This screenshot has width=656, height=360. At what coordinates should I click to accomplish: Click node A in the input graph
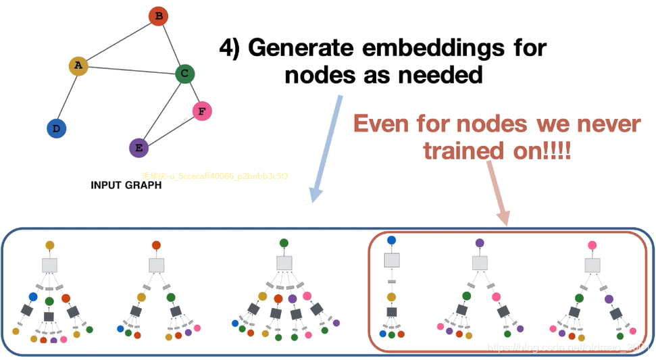[78, 66]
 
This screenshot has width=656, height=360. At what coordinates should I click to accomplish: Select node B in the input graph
[158, 16]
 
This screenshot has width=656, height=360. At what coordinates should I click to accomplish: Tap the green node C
[185, 74]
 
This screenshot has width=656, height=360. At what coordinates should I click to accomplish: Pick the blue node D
[56, 128]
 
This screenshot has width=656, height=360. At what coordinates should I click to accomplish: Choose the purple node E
[138, 148]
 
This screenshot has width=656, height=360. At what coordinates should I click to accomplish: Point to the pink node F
[202, 111]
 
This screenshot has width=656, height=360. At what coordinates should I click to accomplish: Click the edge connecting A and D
[68, 97]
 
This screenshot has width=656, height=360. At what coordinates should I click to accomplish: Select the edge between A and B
[118, 41]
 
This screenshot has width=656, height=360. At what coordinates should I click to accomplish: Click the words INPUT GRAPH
[126, 185]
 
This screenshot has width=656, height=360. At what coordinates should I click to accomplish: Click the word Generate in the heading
[301, 48]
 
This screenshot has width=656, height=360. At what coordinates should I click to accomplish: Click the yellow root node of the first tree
[49, 246]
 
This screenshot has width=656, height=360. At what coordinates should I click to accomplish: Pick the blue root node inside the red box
[392, 240]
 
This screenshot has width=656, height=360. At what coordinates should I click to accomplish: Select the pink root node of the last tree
[592, 246]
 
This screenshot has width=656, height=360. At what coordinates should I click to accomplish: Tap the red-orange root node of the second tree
[156, 246]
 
